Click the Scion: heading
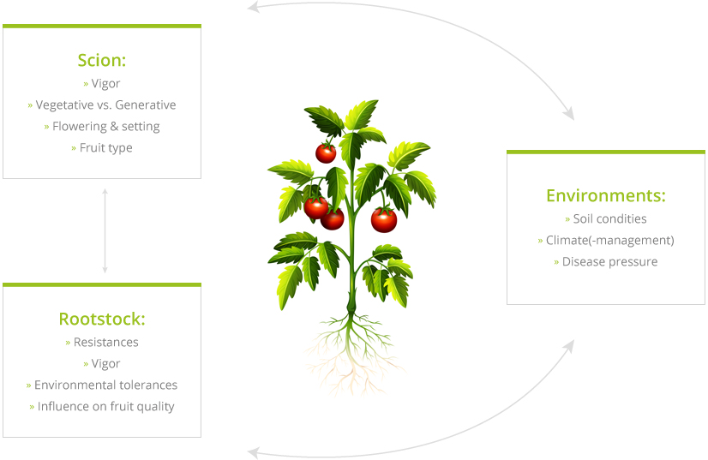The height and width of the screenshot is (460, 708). tap(102, 61)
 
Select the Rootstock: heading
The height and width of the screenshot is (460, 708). tap(102, 320)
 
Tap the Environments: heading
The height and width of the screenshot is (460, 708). tap(606, 196)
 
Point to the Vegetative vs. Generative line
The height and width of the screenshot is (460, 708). tap(102, 105)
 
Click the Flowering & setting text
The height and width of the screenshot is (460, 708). tap(102, 127)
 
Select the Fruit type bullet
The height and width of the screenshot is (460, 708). tap(102, 148)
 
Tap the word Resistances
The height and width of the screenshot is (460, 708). tap(106, 342)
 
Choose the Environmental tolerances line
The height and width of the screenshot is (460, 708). tap(102, 385)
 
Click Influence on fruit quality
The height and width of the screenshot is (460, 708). tap(102, 407)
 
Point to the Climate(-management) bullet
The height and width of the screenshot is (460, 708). tap(606, 241)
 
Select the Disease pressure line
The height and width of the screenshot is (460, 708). tap(606, 262)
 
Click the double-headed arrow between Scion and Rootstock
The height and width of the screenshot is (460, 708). tap(105, 231)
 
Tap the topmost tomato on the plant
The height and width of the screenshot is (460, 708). tap(326, 153)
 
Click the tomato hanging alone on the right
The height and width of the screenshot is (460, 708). tap(384, 220)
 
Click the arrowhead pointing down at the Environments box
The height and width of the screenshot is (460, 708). tap(569, 114)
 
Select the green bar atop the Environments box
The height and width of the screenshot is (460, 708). tap(606, 152)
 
